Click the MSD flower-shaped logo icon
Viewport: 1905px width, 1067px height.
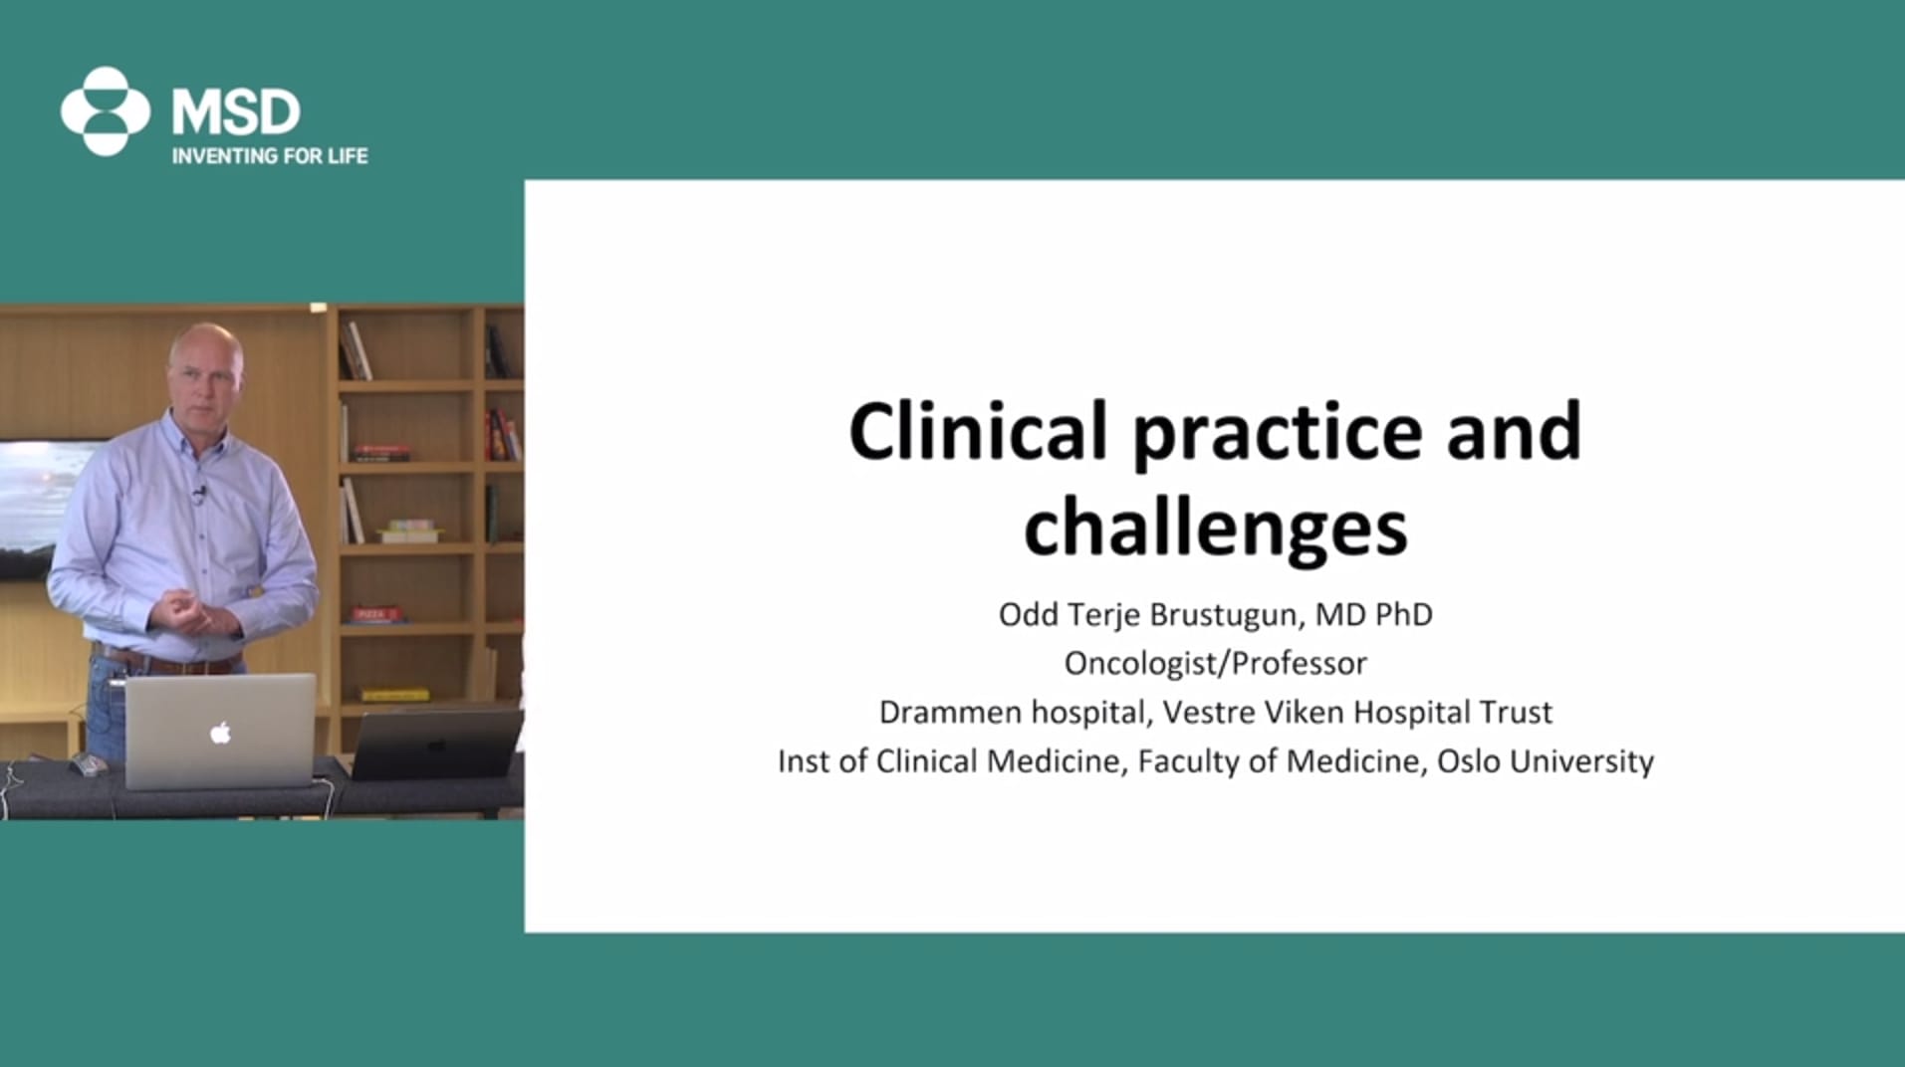[x=106, y=111]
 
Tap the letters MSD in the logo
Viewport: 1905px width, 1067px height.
[x=235, y=111]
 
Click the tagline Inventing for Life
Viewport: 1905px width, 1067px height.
[x=270, y=156]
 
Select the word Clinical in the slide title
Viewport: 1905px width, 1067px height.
[x=978, y=431]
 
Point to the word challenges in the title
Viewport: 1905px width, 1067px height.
[x=1216, y=528]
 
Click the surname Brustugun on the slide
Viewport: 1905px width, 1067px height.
[x=1223, y=615]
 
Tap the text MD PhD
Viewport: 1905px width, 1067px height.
[x=1374, y=614]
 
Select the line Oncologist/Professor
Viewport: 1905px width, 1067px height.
[x=1216, y=663]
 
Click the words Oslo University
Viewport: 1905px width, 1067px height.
[x=1546, y=761]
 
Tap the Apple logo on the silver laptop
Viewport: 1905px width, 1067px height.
[x=221, y=734]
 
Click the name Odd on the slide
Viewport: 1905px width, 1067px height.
[x=1029, y=614]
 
